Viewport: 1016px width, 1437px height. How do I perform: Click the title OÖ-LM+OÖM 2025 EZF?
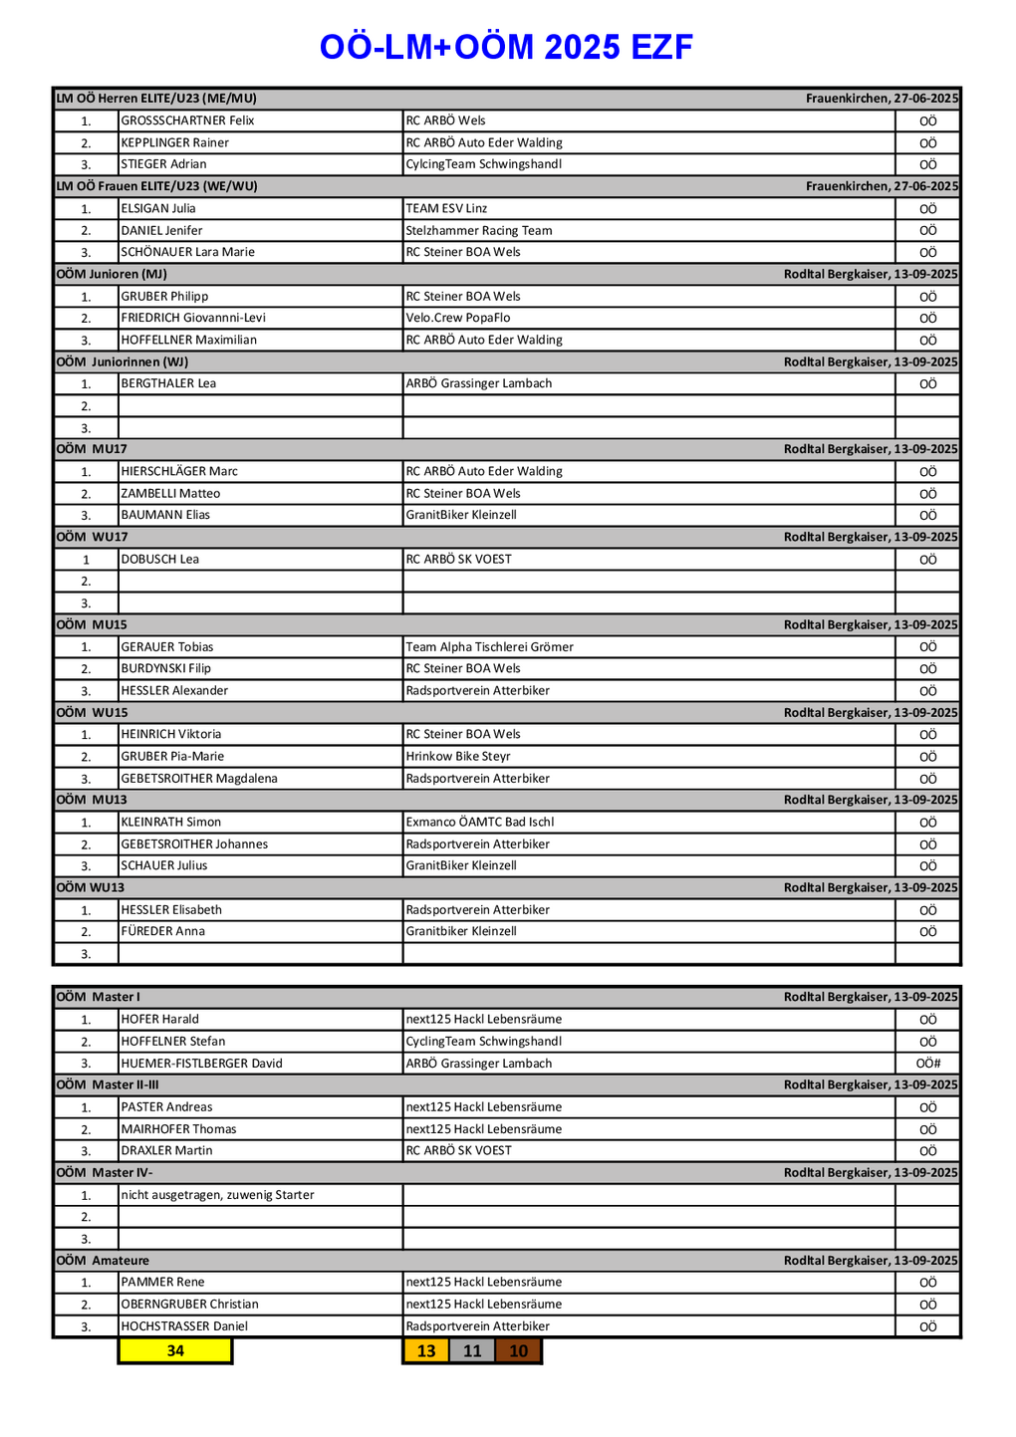click(x=506, y=47)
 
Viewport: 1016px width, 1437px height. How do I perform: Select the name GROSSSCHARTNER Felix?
click(x=188, y=120)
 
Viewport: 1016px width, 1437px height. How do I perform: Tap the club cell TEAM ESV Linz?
click(x=446, y=208)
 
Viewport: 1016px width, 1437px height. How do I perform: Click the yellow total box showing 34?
click(x=175, y=1350)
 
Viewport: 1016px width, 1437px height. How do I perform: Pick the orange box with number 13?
click(x=426, y=1350)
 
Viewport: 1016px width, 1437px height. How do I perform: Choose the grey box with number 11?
click(x=472, y=1350)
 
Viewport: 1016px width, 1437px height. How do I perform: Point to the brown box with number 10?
click(x=519, y=1350)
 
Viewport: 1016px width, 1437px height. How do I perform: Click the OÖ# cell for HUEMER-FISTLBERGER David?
click(x=927, y=1064)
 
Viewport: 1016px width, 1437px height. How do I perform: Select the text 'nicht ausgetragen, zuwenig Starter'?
click(x=217, y=1195)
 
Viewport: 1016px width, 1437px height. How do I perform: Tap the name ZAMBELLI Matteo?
click(x=170, y=493)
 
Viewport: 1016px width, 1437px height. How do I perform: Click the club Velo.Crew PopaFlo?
click(x=458, y=318)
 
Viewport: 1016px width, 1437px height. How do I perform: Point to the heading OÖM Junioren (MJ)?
click(x=112, y=274)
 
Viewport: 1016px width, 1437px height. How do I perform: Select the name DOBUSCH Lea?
click(x=160, y=559)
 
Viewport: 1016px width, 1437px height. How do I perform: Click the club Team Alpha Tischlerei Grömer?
click(x=490, y=647)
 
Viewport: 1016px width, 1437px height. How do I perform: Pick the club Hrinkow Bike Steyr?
click(x=458, y=757)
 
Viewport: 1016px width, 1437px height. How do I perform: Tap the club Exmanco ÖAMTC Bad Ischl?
click(x=480, y=823)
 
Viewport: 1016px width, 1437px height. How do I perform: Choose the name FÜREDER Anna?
click(x=163, y=931)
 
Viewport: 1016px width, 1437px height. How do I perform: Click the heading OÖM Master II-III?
click(x=108, y=1084)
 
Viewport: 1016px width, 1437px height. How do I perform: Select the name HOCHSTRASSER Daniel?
click(x=184, y=1326)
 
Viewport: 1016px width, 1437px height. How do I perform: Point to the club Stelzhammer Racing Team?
click(x=479, y=230)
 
